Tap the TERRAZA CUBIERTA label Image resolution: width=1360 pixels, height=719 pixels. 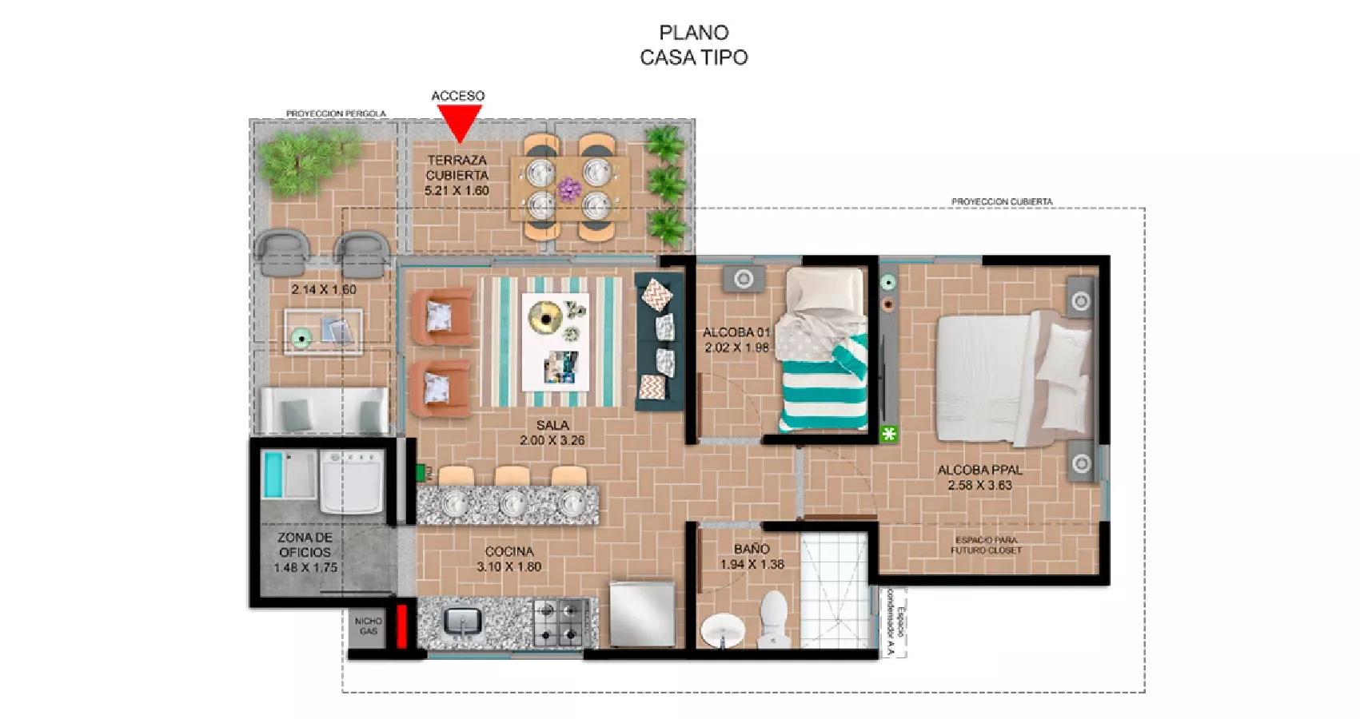point(457,168)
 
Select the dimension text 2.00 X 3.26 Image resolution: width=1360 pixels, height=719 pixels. point(552,440)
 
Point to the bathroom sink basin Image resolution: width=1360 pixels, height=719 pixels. point(723,631)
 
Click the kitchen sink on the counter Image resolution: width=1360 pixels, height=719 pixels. point(461,621)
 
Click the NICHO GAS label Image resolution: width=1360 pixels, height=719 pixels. point(368,626)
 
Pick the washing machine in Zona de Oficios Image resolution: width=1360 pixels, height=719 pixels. point(351,482)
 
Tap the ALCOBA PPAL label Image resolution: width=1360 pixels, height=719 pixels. point(979,470)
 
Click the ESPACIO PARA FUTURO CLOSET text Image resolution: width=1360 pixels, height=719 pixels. point(986,545)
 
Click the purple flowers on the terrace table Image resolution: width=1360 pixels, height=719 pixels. point(568,189)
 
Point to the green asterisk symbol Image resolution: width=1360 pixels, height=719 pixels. point(888,434)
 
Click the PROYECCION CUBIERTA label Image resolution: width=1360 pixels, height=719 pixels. point(1001,201)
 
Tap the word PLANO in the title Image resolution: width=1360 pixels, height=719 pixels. point(693,33)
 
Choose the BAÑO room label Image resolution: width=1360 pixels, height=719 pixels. point(752,549)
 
